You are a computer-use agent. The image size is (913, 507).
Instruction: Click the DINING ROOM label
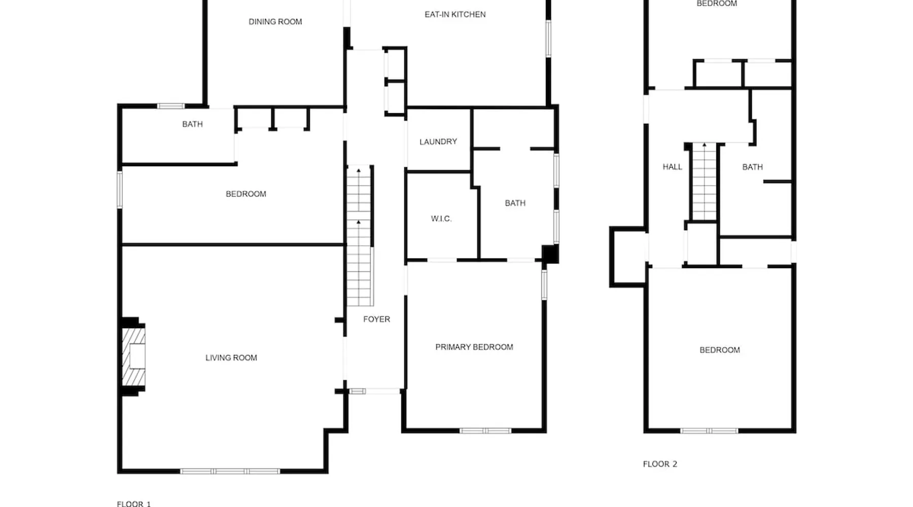(275, 22)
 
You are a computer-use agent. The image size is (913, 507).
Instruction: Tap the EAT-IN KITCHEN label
(455, 15)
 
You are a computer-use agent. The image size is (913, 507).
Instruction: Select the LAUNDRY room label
(438, 142)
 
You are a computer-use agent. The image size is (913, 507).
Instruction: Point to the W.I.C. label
(441, 219)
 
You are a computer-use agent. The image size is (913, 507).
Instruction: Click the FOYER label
(376, 319)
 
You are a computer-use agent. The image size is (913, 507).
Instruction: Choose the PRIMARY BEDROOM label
(474, 347)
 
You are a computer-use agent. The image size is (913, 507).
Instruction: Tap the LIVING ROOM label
(231, 358)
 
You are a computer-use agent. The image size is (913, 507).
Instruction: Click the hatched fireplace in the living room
(133, 357)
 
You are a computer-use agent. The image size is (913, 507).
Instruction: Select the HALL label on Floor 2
(673, 167)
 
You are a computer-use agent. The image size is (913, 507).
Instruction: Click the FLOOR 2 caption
(660, 464)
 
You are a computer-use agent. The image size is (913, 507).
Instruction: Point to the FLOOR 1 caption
(134, 503)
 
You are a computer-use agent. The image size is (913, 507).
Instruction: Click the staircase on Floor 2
(704, 182)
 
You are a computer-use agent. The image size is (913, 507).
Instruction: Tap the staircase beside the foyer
(360, 236)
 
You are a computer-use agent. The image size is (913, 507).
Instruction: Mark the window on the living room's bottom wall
(230, 472)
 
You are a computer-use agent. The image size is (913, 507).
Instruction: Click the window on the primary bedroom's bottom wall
(485, 431)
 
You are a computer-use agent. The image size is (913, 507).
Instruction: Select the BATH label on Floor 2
(752, 167)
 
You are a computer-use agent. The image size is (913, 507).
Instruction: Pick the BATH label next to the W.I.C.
(515, 203)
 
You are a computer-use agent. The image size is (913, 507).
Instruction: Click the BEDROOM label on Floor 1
(246, 194)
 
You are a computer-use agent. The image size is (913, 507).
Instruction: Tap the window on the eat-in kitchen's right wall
(548, 38)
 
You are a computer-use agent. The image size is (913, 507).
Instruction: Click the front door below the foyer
(375, 391)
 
